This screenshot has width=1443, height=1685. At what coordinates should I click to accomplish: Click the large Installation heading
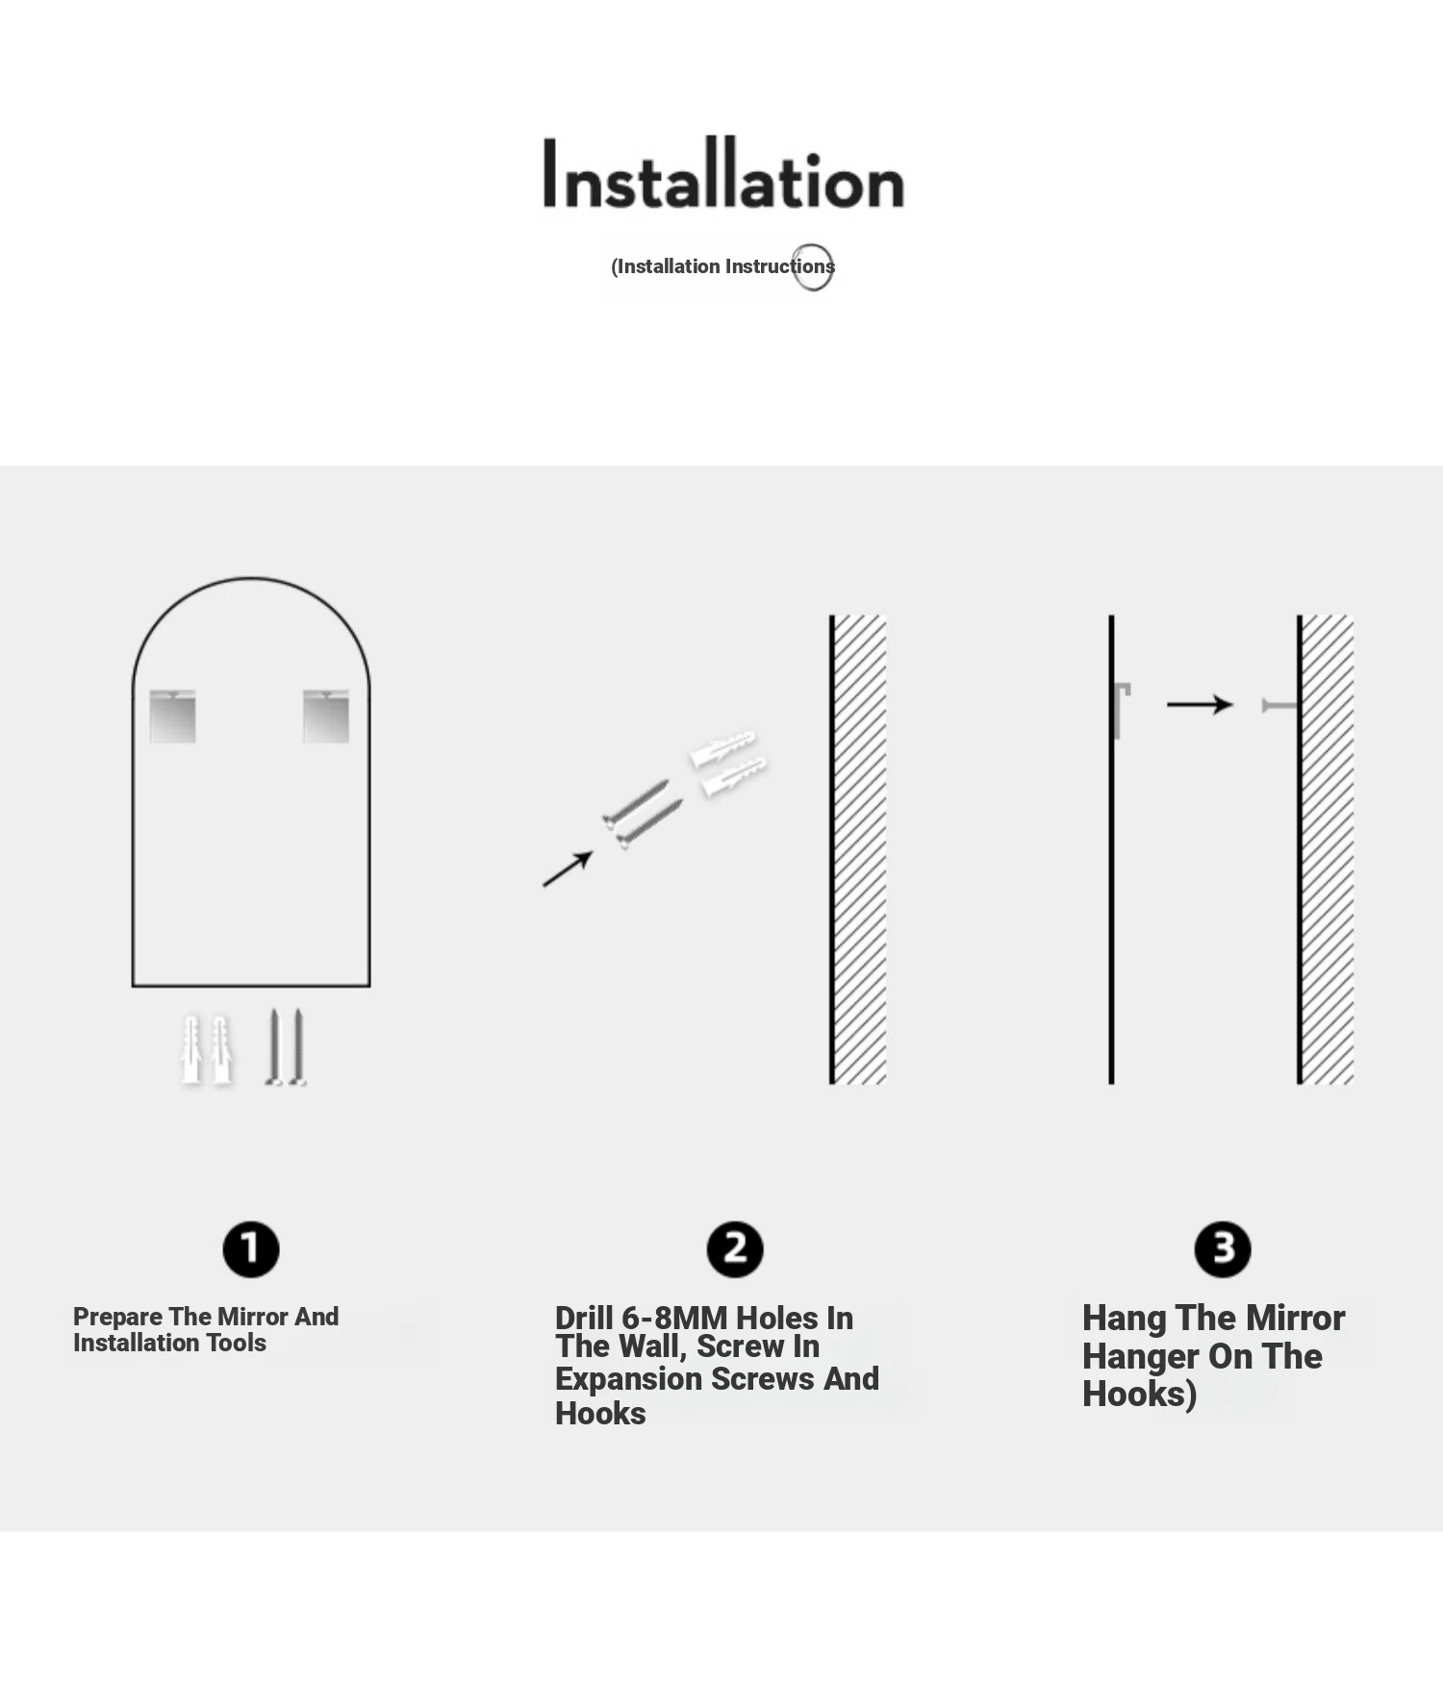point(723,173)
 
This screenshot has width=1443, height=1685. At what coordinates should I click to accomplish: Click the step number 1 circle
point(251,1249)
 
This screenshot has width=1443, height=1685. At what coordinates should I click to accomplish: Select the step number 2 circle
point(735,1249)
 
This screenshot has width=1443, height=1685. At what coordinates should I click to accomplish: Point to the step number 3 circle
point(1223,1249)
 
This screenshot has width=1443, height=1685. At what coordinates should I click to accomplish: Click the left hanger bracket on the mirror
point(173,717)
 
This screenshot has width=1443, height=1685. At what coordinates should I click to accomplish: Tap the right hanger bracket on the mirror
point(326,717)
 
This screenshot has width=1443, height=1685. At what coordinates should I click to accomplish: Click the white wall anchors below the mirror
point(207,1049)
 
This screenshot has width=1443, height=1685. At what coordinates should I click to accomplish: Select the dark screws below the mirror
point(286,1047)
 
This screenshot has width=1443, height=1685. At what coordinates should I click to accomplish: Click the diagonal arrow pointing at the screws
point(568,869)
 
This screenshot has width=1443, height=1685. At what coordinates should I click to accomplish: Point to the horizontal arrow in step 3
point(1200,705)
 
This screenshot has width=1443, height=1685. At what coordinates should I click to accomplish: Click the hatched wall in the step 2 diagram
point(858,849)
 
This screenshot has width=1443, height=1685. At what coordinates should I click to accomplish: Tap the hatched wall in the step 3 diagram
point(1326,849)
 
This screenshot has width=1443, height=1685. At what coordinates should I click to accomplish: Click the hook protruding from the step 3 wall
point(1279,706)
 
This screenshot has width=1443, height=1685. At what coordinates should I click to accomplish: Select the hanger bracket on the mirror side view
point(1119,710)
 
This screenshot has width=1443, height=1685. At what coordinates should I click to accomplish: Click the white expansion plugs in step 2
point(728,763)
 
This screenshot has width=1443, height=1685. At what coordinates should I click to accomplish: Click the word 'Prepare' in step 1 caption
point(117,1318)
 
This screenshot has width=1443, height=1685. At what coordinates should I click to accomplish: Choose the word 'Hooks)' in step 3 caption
point(1140,1395)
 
